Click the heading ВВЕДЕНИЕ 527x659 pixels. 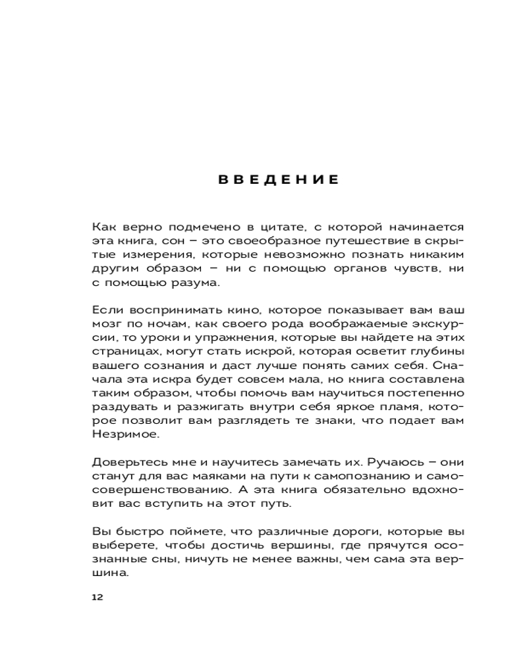(279, 180)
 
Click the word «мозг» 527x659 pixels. (107, 326)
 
